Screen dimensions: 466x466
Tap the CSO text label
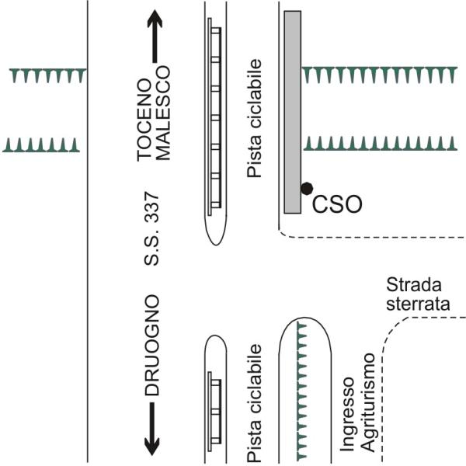tap(337, 205)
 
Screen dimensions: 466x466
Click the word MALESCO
tap(163, 123)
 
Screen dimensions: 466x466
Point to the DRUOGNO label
tap(153, 346)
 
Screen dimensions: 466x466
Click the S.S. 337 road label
tap(153, 229)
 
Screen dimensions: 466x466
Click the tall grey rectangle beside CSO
tap(293, 113)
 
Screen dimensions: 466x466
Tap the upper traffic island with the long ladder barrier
tap(214, 124)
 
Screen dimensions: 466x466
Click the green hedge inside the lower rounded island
tap(301, 388)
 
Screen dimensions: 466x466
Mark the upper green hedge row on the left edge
tap(47, 75)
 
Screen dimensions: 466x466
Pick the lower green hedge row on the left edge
tap(42, 145)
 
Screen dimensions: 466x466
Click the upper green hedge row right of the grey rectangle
tap(381, 75)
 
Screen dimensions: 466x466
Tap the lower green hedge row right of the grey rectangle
tap(381, 144)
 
